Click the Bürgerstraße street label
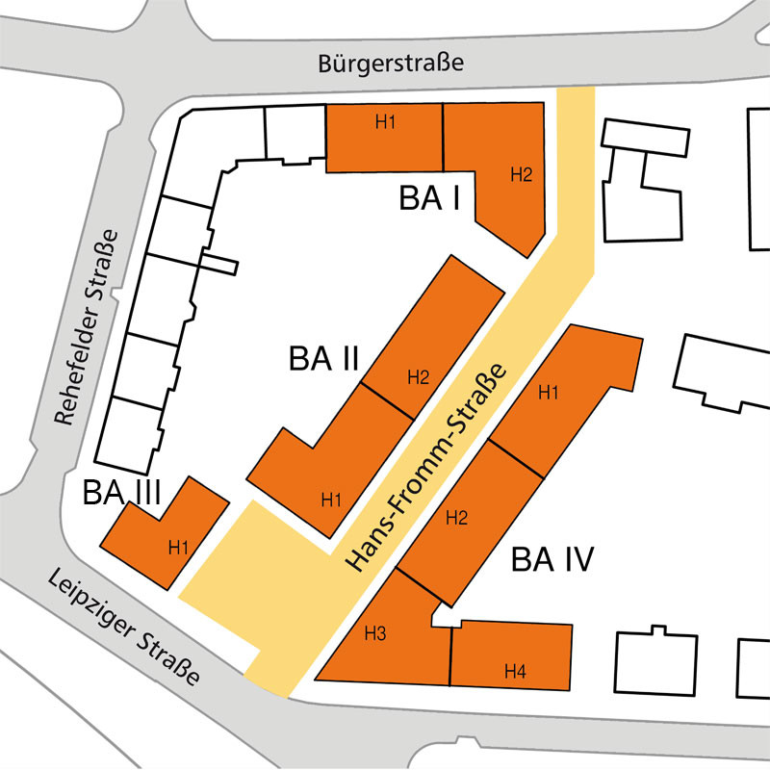390,64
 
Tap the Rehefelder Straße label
86,328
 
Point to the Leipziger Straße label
123,627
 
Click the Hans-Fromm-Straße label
427,470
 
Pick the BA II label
323,360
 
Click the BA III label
121,493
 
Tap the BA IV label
552,559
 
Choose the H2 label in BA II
418,376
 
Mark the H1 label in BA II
332,499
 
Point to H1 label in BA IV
549,392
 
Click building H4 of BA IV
512,654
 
